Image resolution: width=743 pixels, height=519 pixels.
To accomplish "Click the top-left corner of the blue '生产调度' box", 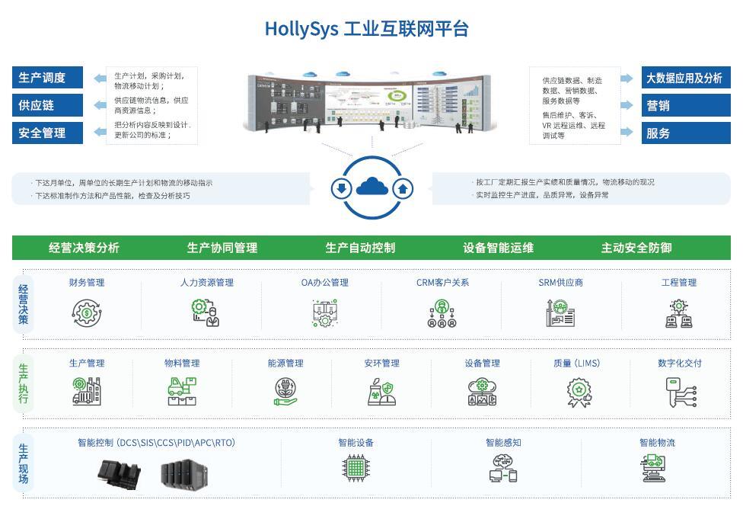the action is pos(12,67).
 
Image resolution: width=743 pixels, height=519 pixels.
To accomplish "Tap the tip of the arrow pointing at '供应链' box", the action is pos(94,105).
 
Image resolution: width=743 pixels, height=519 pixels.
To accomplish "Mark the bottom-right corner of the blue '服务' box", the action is pos(731,144).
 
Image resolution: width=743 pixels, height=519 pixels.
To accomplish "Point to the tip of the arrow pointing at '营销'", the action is pos(633,105).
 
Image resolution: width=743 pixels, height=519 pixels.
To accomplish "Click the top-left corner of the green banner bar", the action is pos(12,235).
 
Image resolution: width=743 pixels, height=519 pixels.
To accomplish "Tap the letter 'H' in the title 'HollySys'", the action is pos(271,29).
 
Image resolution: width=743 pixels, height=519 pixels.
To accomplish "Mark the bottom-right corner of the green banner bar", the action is pos(731,259).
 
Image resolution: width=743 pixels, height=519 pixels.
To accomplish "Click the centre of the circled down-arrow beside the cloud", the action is pos(341,188).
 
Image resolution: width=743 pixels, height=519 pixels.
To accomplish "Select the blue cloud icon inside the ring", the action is pos(372,186).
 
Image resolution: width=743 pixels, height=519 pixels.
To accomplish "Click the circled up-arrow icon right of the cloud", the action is pos(403,188).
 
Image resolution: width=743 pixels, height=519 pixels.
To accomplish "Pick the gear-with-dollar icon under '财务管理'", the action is pos(87,312).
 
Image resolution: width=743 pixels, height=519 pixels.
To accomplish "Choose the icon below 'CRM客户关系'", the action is pos(442,313).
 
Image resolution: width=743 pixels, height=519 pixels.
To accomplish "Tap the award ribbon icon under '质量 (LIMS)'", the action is pos(579,392).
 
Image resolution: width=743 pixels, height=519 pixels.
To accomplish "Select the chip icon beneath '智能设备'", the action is pos(356,468).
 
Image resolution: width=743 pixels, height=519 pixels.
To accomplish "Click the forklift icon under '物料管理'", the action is pos(182,392).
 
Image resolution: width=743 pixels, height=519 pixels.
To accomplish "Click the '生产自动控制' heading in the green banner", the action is pos(360,248).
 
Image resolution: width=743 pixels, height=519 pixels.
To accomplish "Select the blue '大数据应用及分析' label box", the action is pos(686,77).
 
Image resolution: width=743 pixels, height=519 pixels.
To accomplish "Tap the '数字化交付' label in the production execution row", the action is pos(680,363).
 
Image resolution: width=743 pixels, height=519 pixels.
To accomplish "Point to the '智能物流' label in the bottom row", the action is pos(657,443).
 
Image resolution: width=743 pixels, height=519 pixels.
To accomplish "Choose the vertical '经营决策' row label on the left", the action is pos(23,304).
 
